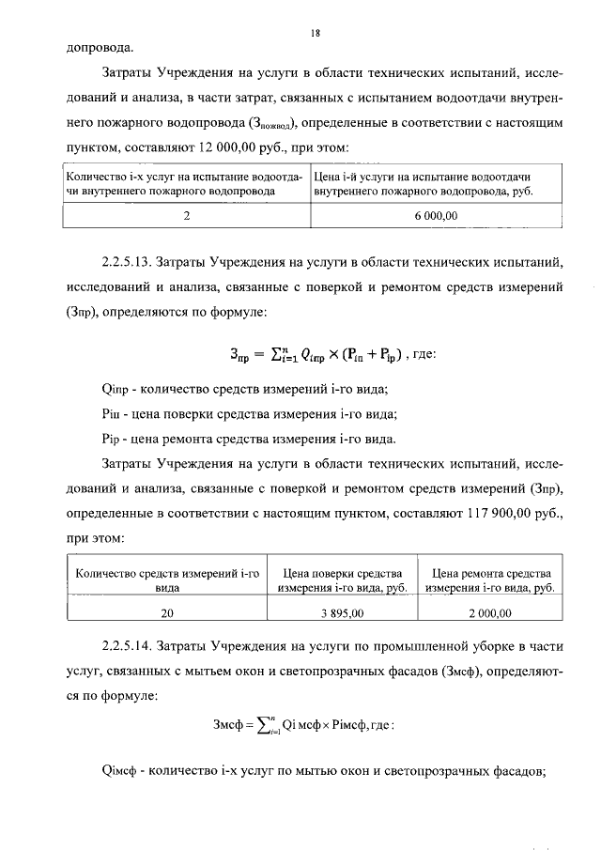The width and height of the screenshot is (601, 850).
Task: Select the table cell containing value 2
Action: (x=187, y=215)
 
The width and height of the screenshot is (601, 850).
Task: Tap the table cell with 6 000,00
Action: (x=436, y=215)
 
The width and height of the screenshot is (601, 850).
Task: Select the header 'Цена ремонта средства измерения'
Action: (x=489, y=580)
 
